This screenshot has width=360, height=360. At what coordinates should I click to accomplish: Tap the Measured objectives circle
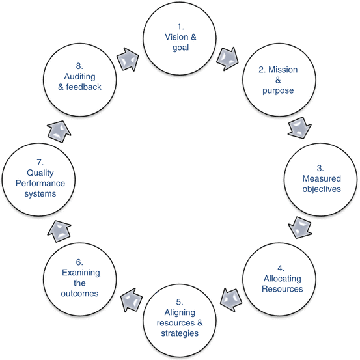[320, 179]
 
